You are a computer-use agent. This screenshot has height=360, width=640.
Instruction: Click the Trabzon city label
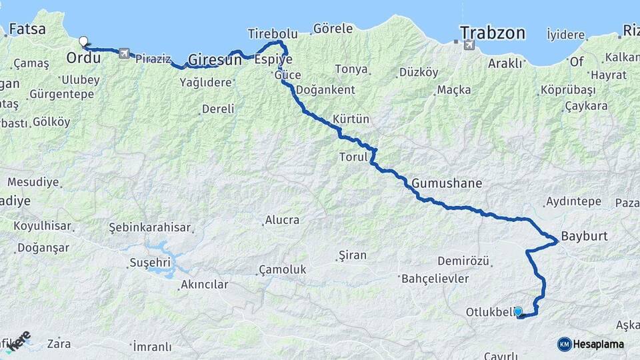click(493, 33)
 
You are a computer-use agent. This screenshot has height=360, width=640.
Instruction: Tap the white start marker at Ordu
click(83, 41)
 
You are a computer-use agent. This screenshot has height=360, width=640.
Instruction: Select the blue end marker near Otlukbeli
click(518, 311)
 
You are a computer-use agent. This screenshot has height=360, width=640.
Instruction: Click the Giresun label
click(215, 60)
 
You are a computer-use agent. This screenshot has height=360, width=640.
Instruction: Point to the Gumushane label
click(447, 183)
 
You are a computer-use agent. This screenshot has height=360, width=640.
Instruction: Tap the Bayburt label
click(585, 236)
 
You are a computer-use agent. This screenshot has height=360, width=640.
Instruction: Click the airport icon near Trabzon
click(469, 45)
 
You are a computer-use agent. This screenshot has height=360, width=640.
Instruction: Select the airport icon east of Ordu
click(124, 53)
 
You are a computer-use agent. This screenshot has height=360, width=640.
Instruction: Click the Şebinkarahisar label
click(150, 227)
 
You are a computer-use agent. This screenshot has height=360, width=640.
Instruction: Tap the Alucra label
click(283, 220)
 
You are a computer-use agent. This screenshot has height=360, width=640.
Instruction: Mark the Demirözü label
click(464, 261)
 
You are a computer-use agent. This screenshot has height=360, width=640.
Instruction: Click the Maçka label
click(454, 89)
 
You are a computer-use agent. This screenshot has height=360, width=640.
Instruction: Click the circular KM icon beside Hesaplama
click(565, 344)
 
